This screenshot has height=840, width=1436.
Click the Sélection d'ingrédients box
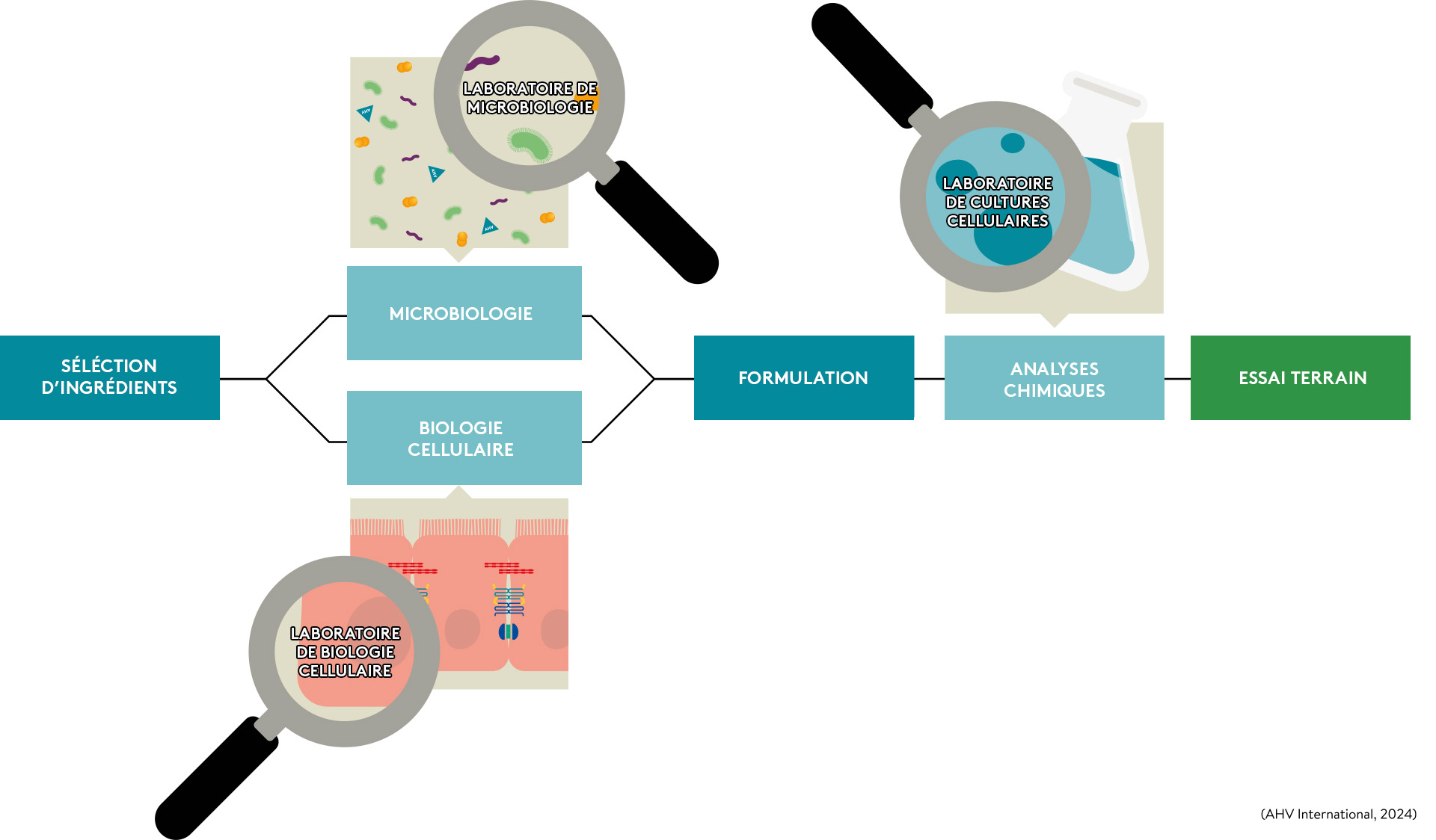pyautogui.click(x=109, y=377)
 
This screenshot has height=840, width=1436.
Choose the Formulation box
pyautogui.click(x=803, y=377)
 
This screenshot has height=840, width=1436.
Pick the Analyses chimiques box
pyautogui.click(x=1054, y=378)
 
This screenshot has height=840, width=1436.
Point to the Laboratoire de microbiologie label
pyautogui.click(x=530, y=98)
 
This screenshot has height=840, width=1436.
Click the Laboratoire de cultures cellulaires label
pyautogui.click(x=997, y=202)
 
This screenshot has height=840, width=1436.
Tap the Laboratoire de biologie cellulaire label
pyautogui.click(x=345, y=652)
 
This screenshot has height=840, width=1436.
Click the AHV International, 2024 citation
pyautogui.click(x=1338, y=814)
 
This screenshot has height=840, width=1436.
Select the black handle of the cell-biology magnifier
pyautogui.click(x=217, y=777)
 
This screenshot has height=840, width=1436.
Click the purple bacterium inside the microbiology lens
pyautogui.click(x=482, y=63)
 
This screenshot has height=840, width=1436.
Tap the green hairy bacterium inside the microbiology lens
pyautogui.click(x=531, y=143)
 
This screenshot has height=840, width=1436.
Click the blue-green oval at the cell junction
pyautogui.click(x=509, y=632)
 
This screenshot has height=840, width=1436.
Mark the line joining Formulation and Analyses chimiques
pyautogui.click(x=929, y=379)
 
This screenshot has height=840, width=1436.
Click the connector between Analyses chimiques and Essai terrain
pyautogui.click(x=1177, y=379)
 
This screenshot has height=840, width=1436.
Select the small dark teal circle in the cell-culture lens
pyautogui.click(x=1012, y=143)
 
